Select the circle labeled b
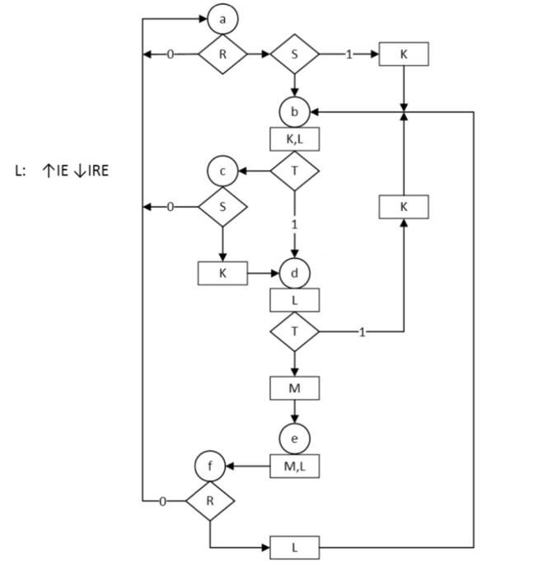coord(294,111)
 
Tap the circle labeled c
coord(222,171)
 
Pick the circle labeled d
coord(294,272)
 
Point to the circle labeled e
coord(294,437)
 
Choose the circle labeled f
coord(210,467)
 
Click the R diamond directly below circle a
coord(222,54)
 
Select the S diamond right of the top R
coord(294,54)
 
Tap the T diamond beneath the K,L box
coord(294,171)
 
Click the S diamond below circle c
coord(222,206)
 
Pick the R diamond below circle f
coord(210,500)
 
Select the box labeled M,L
coord(294,467)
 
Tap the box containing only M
coord(294,387)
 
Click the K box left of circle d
coord(222,273)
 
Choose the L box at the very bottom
coord(294,547)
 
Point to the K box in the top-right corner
coord(404,54)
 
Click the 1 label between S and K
coord(349,54)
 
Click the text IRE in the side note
coord(97,171)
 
